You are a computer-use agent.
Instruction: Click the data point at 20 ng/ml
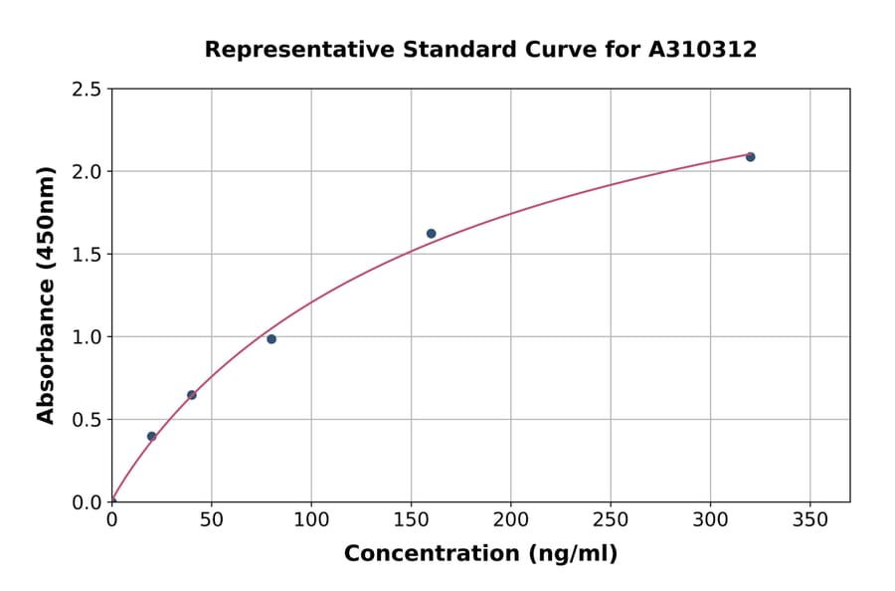151,436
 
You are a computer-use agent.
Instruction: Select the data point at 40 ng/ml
191,395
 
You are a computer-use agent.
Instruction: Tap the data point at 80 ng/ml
271,339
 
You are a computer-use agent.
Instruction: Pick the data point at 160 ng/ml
431,234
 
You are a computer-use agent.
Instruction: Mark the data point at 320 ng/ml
750,157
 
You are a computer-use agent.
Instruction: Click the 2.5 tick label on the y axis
87,90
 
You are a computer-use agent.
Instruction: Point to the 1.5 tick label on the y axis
87,254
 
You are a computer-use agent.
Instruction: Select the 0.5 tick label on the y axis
87,419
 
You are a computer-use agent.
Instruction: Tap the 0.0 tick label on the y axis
87,501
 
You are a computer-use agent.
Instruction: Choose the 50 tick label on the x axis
211,521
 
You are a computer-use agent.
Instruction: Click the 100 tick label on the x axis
311,521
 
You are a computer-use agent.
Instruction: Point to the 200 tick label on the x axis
510,521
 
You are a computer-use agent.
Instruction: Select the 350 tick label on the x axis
809,521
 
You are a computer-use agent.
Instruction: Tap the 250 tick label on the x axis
611,521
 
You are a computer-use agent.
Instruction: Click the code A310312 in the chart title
703,50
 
